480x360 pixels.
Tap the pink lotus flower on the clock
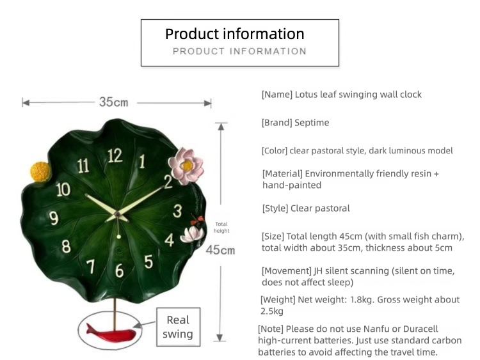click(186, 165)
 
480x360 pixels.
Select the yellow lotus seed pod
click(39, 171)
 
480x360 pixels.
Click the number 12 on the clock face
click(115, 155)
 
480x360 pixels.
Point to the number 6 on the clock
click(120, 270)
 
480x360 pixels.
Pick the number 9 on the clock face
click(54, 218)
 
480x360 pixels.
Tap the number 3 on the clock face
click(177, 211)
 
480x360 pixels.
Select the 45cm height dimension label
click(220, 249)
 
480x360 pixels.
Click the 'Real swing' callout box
click(177, 327)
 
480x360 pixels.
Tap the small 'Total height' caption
click(221, 227)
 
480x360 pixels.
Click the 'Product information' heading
click(235, 34)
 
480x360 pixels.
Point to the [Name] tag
click(276, 95)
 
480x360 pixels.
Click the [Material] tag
click(282, 174)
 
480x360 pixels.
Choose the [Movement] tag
click(285, 271)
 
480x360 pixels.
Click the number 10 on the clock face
click(63, 189)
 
